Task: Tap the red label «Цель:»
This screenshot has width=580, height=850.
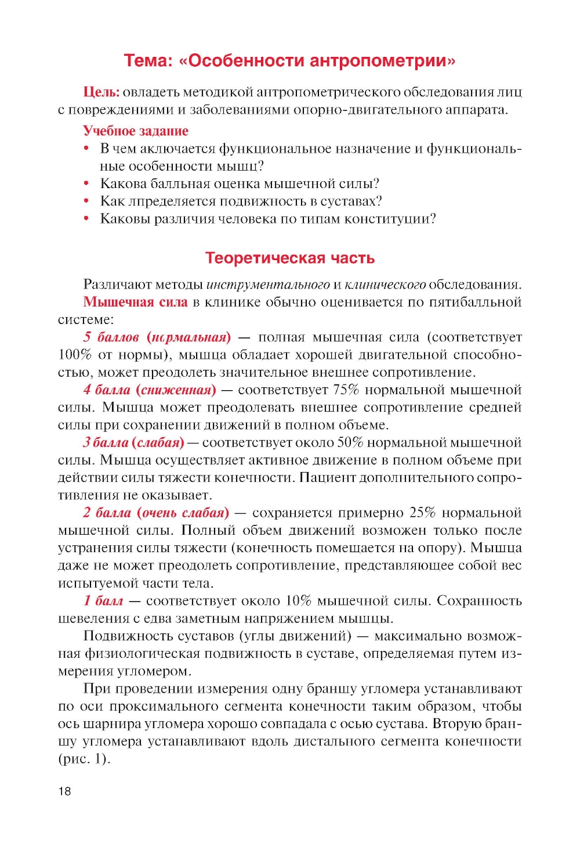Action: (101, 92)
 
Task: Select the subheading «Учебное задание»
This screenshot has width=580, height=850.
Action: (136, 131)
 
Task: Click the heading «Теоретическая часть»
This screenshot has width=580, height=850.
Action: (290, 258)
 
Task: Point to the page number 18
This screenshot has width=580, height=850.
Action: (64, 791)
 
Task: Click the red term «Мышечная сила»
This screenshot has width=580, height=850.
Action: (136, 302)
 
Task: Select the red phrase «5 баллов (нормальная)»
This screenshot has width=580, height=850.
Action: (157, 337)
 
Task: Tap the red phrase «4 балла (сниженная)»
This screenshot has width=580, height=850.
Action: (150, 390)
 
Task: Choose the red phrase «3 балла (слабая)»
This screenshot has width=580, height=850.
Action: (133, 443)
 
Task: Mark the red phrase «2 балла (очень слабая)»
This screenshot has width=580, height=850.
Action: (156, 513)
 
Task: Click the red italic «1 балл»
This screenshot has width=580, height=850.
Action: (103, 601)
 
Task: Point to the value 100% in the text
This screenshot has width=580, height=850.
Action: (75, 355)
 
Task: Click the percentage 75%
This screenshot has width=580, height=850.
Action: (346, 390)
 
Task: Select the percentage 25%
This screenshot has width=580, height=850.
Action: (422, 513)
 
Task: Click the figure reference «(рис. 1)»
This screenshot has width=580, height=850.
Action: (84, 759)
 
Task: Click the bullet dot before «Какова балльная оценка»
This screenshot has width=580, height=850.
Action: (86, 184)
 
